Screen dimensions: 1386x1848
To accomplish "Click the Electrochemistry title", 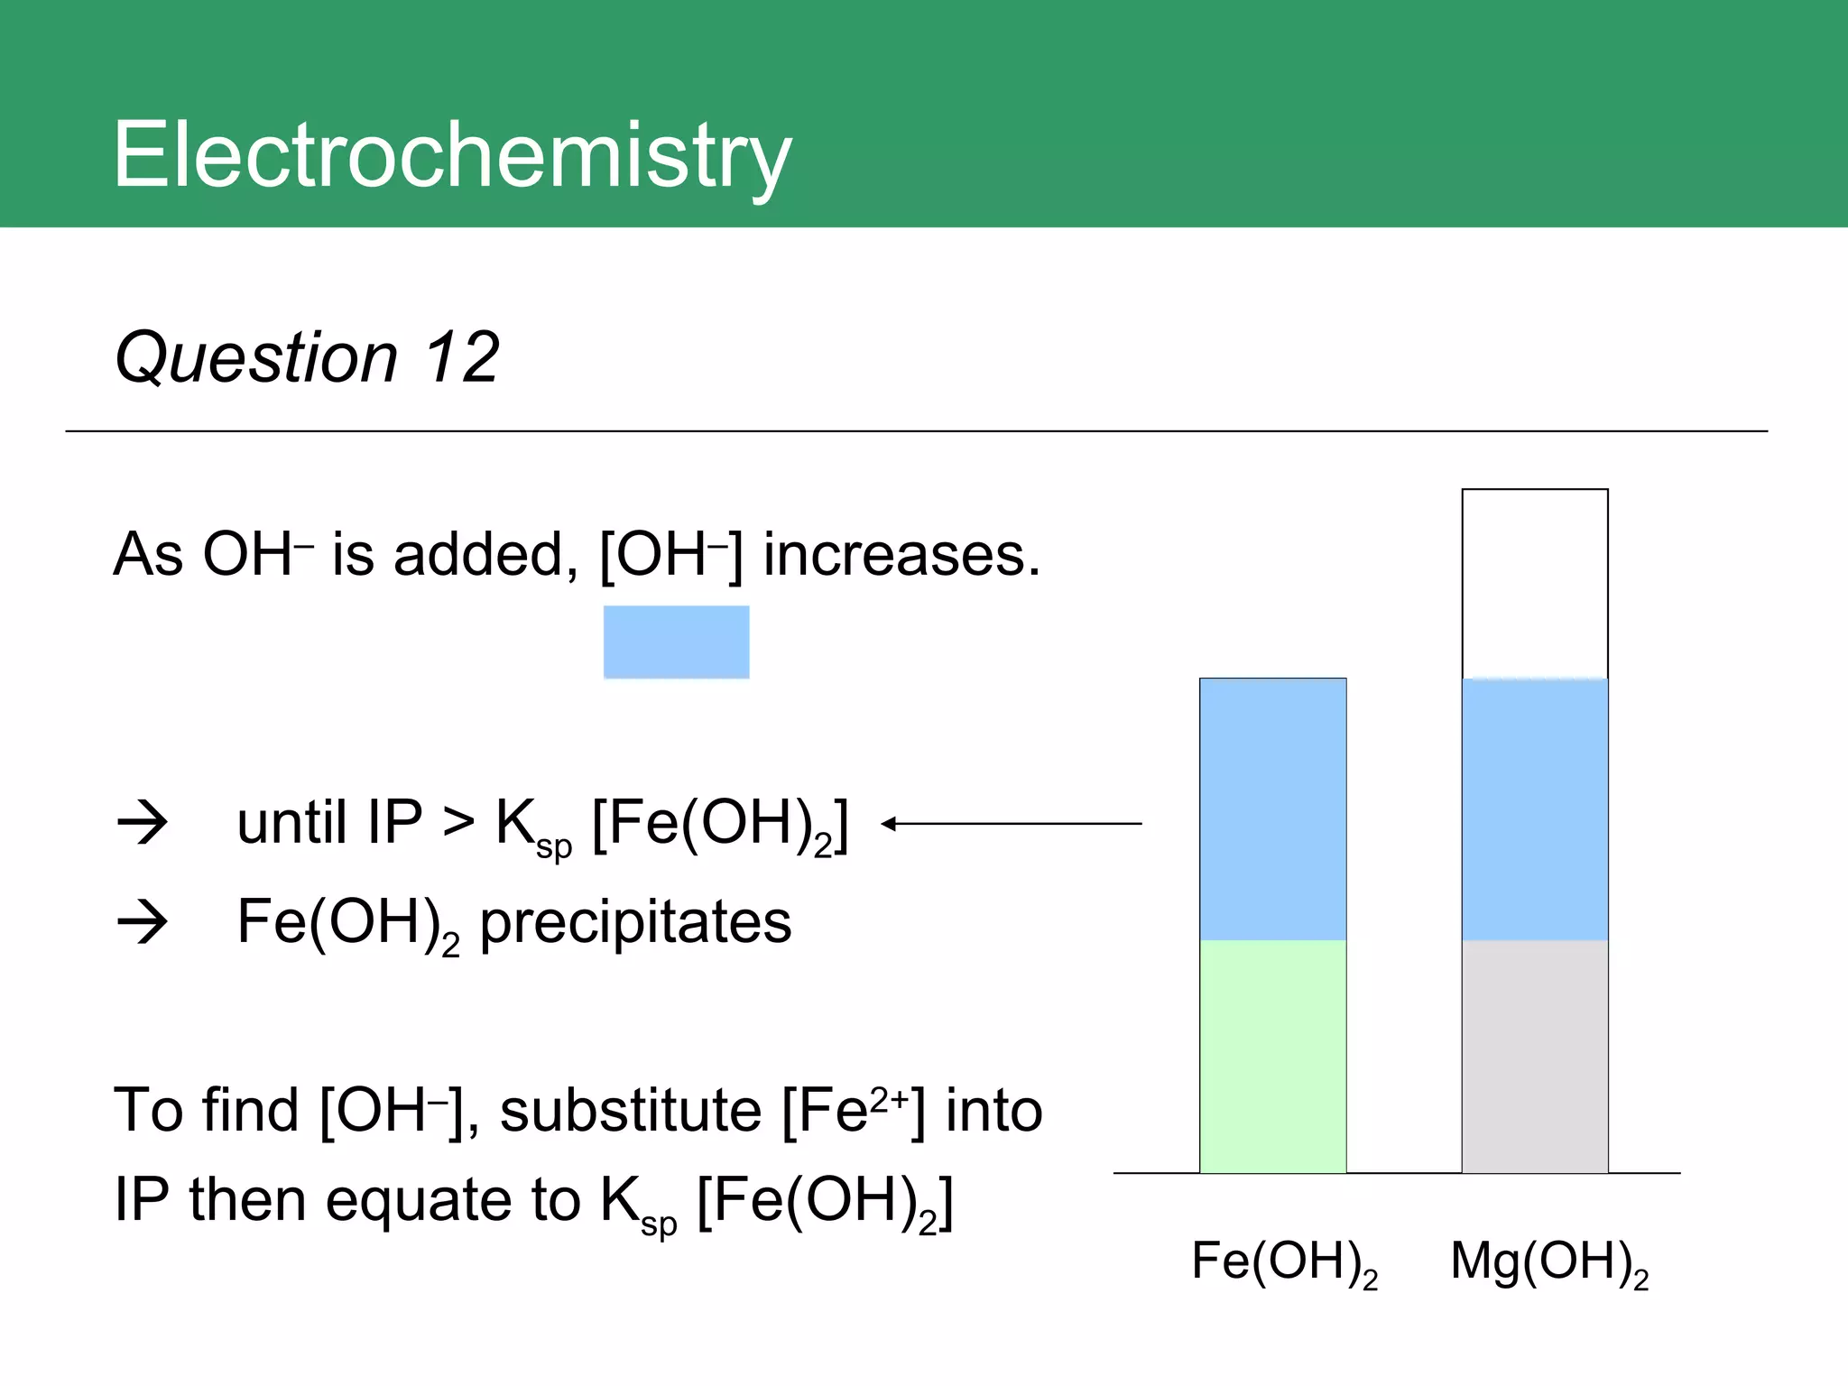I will (451, 155).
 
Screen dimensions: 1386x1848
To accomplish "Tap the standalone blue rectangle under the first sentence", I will (676, 642).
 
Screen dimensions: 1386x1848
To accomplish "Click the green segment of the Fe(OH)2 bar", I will (1272, 1056).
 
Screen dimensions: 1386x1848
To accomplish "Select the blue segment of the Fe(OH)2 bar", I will (1272, 808).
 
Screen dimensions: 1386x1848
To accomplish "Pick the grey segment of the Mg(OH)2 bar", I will (1534, 1056).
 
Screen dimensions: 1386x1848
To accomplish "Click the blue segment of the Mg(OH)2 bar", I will (1534, 808).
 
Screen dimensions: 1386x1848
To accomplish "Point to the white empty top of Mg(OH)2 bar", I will (1534, 583).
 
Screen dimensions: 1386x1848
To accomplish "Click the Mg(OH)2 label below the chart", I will (1548, 1261).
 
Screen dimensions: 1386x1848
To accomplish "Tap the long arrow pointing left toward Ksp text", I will (1011, 823).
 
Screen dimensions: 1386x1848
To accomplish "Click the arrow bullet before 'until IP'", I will (143, 823).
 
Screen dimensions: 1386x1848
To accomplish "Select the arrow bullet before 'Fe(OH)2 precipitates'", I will (143, 922).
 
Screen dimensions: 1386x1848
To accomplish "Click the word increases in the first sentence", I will (901, 554).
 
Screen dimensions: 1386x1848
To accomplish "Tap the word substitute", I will (631, 1110).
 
